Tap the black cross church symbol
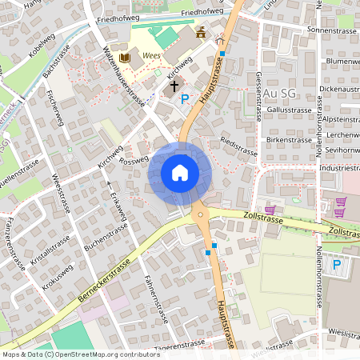click(x=174, y=84)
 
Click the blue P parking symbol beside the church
click(x=186, y=99)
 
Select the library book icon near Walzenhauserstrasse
click(x=124, y=58)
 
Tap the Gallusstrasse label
click(x=289, y=110)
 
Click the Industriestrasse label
click(x=338, y=169)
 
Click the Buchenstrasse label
click(x=106, y=238)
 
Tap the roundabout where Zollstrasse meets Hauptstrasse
click(x=198, y=214)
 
